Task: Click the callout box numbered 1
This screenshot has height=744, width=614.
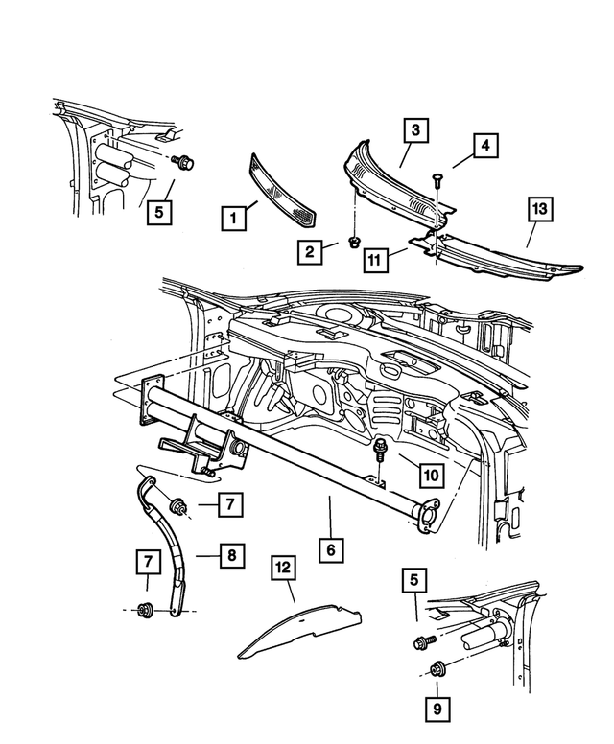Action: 233,219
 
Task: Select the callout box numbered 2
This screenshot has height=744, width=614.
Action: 310,251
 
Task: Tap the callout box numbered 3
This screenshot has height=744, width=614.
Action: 416,130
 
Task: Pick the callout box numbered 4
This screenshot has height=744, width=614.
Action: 485,146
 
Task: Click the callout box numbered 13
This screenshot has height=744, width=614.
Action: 540,209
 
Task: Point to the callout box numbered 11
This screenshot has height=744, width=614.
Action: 375,260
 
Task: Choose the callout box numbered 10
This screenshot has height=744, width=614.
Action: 431,475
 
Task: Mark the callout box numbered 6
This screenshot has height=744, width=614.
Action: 331,550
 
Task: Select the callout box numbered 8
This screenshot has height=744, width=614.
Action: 232,556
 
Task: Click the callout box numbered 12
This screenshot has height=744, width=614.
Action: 283,568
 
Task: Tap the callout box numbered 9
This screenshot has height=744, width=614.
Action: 437,709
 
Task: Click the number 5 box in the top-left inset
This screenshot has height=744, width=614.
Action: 159,212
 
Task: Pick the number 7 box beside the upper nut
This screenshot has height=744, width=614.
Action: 231,504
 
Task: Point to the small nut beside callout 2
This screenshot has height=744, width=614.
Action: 353,243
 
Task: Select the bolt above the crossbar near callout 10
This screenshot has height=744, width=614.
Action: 379,450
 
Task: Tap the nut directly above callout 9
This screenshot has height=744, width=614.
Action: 436,669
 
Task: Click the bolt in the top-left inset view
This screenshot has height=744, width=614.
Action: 183,162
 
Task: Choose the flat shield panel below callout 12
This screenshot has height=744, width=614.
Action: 299,631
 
